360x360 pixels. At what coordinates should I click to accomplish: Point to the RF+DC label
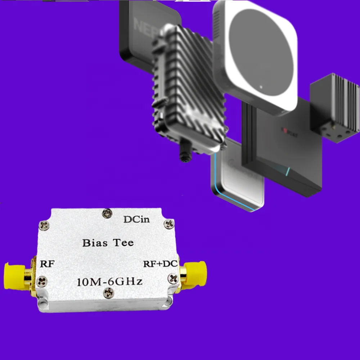pyautogui.click(x=160, y=264)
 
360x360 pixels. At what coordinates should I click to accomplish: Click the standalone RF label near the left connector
pyautogui.click(x=47, y=264)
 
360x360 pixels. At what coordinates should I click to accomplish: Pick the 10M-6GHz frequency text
pyautogui.click(x=109, y=281)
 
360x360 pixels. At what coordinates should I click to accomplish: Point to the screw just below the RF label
pyautogui.click(x=42, y=280)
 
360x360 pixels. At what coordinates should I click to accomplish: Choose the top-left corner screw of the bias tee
pyautogui.click(x=45, y=225)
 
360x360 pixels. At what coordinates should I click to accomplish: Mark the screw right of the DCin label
pyautogui.click(x=168, y=224)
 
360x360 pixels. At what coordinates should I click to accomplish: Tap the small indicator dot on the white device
pyautogui.click(x=261, y=87)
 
